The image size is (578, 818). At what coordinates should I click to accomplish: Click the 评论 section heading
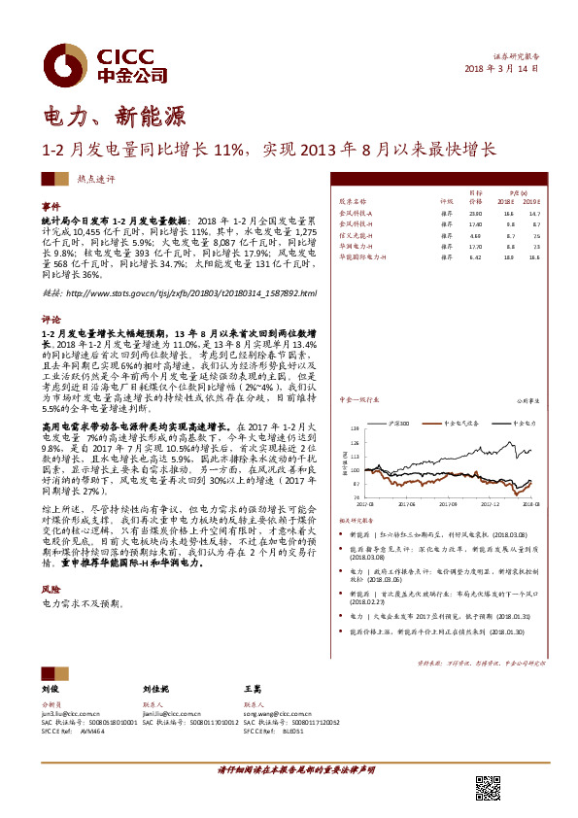(x=51, y=318)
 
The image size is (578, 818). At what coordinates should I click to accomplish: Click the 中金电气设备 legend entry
(x=435, y=424)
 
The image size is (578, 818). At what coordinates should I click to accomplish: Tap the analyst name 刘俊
(x=51, y=689)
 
